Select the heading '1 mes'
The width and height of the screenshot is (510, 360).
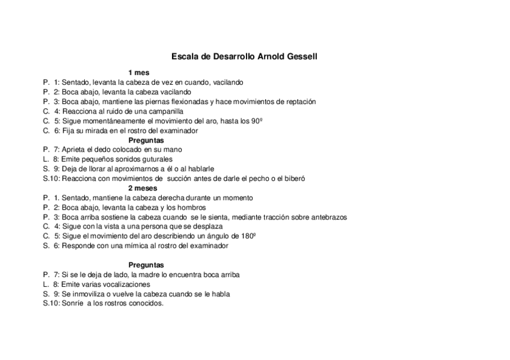pos(139,73)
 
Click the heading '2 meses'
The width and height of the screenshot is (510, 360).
pos(143,188)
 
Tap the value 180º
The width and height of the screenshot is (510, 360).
pos(248,236)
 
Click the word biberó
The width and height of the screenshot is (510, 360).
pos(295,178)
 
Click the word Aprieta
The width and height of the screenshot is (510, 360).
pos(75,150)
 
